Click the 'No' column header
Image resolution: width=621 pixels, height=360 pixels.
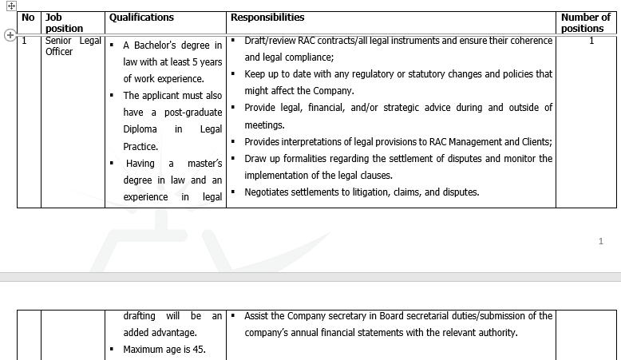tap(29, 18)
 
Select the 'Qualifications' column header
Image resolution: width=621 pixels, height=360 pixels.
tap(141, 18)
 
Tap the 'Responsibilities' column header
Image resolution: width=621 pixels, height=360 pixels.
tap(267, 18)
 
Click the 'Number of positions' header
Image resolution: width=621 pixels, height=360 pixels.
tap(585, 22)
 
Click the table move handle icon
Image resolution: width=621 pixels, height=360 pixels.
tap(11, 6)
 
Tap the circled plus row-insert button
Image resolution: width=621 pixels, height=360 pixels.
tap(10, 35)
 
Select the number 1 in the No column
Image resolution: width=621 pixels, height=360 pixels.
tap(25, 41)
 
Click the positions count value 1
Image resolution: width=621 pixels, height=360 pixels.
tap(591, 41)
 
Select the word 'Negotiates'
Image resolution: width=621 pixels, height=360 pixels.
tap(268, 192)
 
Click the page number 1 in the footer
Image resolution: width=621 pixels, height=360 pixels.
tap(600, 241)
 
